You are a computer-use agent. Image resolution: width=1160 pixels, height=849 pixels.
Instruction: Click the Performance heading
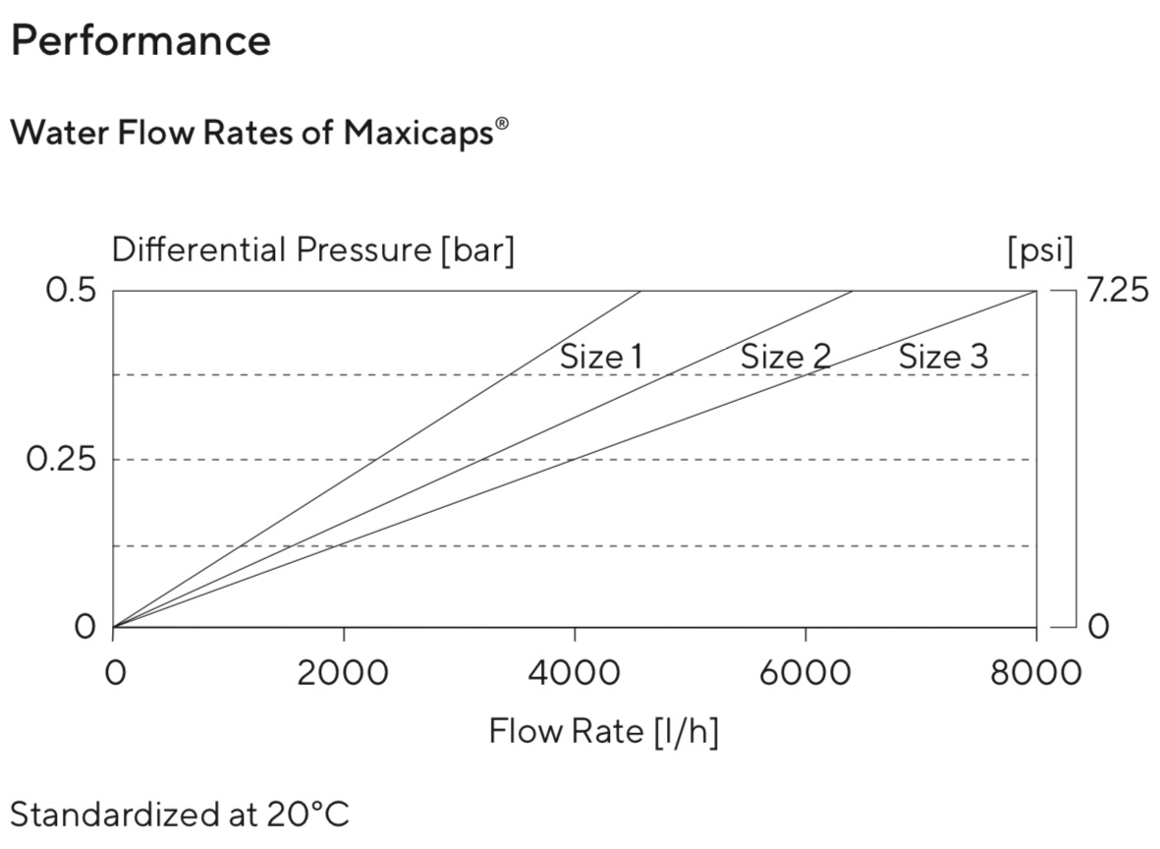tap(140, 41)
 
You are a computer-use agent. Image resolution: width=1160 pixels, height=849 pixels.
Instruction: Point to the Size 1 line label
tap(601, 357)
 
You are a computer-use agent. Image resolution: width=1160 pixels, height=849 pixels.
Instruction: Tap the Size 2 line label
tap(785, 357)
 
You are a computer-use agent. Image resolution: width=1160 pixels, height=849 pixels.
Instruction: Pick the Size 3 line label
tap(943, 357)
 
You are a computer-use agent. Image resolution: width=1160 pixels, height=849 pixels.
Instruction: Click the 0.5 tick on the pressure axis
tap(70, 292)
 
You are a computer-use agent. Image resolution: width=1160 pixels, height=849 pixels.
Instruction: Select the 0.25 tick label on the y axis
tap(60, 460)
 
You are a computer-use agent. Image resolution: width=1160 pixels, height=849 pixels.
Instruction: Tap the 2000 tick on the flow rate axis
tap(343, 674)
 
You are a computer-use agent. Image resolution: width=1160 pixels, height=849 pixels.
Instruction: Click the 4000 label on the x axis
tap(574, 674)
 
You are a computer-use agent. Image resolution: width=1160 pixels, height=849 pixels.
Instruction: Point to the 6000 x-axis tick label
tap(804, 674)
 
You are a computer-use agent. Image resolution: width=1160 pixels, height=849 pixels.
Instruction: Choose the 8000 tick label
tap(1035, 674)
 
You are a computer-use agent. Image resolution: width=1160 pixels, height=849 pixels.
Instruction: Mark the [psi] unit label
tap(1040, 251)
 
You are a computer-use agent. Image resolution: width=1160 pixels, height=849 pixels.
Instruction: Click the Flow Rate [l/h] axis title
tap(603, 732)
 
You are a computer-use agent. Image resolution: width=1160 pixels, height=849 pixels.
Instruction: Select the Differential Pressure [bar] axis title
tap(313, 251)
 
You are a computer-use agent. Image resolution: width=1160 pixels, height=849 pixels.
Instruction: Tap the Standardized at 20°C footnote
tap(180, 815)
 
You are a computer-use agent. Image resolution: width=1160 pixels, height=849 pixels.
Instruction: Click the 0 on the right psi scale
tap(1098, 627)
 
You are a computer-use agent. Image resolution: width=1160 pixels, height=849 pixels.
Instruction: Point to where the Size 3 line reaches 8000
tap(1035, 292)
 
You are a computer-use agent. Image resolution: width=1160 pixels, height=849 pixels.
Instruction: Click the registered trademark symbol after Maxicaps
tap(503, 124)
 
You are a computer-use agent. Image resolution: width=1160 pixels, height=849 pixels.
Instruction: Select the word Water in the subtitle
tap(50, 133)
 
